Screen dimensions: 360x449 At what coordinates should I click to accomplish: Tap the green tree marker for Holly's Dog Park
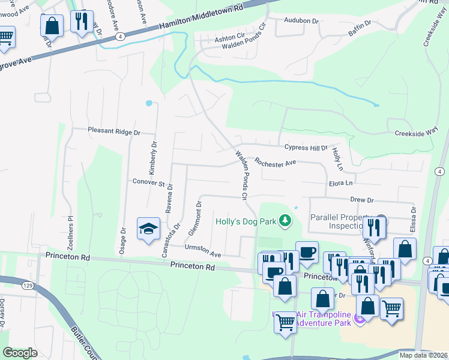tap(285, 221)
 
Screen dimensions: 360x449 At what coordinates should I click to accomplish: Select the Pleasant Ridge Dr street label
tap(113, 131)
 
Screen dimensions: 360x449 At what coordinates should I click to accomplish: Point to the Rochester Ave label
tap(275, 162)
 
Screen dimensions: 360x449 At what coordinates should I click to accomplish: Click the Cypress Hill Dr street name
tap(306, 147)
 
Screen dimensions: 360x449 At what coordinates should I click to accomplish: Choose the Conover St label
tap(148, 182)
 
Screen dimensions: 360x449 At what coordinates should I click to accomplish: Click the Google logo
tap(20, 353)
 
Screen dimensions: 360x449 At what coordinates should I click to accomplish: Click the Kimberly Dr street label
tap(154, 154)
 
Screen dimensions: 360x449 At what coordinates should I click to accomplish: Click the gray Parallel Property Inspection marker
tap(380, 220)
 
